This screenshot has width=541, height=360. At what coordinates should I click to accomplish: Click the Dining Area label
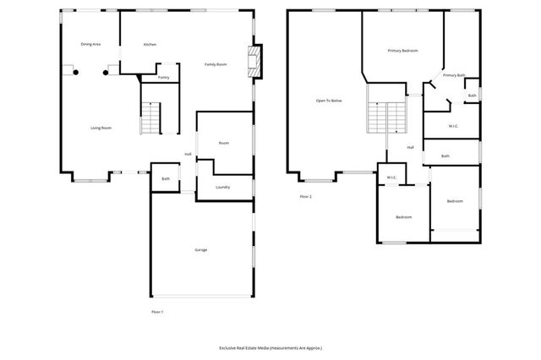click(x=90, y=44)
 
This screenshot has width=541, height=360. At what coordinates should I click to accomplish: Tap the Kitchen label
click(x=150, y=44)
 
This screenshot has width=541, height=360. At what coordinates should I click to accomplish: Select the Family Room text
click(x=216, y=65)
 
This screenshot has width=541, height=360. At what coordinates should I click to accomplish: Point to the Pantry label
click(x=163, y=77)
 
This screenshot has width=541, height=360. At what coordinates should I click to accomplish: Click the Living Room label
click(x=101, y=128)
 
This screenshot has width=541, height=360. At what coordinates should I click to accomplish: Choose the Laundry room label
click(x=223, y=187)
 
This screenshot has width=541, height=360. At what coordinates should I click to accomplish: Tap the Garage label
click(x=201, y=249)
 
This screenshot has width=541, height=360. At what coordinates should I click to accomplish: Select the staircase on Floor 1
click(x=150, y=117)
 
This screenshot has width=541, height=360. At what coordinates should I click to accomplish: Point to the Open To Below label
click(x=329, y=101)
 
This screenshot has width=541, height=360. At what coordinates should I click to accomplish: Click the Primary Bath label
click(x=453, y=75)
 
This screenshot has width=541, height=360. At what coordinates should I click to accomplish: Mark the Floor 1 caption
click(x=157, y=312)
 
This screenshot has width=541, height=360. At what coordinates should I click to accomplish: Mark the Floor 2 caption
click(x=305, y=196)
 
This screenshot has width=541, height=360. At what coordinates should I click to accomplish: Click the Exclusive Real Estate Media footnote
click(x=270, y=347)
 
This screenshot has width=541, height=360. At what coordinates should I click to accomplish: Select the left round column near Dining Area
click(x=76, y=73)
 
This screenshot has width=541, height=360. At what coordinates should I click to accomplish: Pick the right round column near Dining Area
click(x=106, y=73)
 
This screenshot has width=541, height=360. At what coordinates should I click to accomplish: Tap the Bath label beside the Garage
click(x=166, y=178)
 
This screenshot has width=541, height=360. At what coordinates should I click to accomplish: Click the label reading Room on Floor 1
click(x=224, y=143)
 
